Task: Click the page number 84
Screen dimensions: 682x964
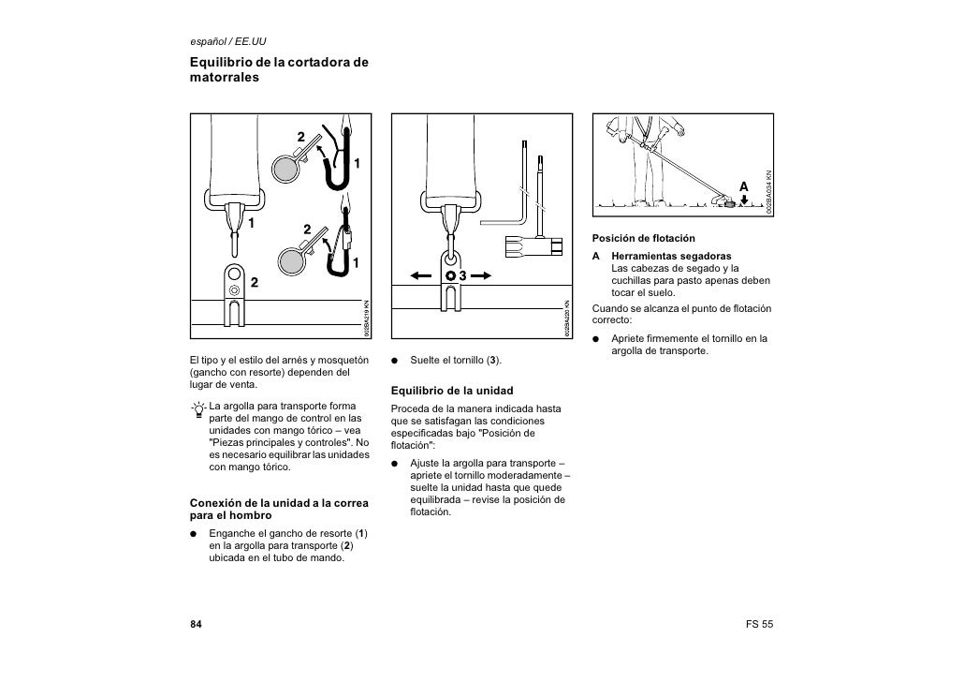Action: (x=197, y=624)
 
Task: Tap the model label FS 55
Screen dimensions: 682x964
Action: (x=759, y=624)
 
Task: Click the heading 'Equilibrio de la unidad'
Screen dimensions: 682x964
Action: (x=452, y=390)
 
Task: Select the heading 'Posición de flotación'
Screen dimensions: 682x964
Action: (x=641, y=238)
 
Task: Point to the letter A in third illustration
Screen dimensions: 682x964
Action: (x=744, y=186)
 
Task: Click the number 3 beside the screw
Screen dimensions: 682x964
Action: (x=462, y=276)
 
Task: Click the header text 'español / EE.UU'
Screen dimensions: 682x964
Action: (x=229, y=41)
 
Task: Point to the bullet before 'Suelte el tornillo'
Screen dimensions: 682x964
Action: (x=396, y=361)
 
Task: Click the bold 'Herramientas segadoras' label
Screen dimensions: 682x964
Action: (x=671, y=256)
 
